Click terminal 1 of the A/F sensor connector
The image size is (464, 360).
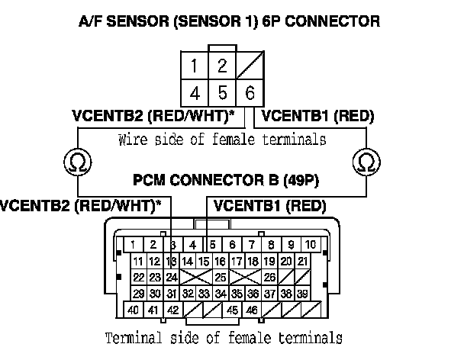(x=196, y=66)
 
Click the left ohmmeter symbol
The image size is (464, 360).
(x=76, y=162)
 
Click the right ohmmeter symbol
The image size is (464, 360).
(x=366, y=162)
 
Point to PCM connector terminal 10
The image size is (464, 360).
(x=311, y=245)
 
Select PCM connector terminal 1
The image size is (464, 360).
(x=133, y=245)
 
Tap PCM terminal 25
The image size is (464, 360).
(x=220, y=278)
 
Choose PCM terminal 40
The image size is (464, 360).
(x=133, y=310)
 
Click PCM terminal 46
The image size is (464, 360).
(x=251, y=310)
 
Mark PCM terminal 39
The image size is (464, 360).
(x=302, y=294)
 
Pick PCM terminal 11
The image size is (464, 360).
(x=138, y=262)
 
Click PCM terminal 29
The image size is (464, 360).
(x=138, y=294)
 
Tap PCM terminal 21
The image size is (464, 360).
(x=302, y=262)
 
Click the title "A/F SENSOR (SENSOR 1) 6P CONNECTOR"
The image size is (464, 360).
(x=230, y=22)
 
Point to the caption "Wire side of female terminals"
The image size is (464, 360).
(x=223, y=140)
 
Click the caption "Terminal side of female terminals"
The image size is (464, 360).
(x=223, y=338)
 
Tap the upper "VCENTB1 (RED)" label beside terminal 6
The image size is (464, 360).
(x=318, y=117)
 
